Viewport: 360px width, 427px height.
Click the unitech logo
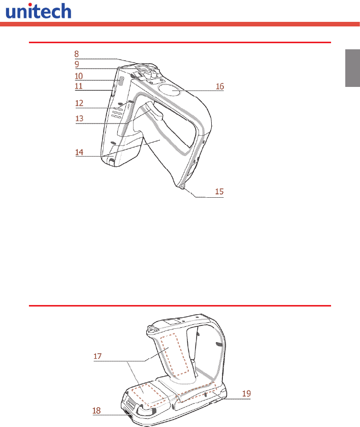click(x=39, y=11)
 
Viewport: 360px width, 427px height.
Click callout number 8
click(x=77, y=54)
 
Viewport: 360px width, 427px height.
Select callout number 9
click(x=77, y=64)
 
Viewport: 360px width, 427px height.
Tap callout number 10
click(x=79, y=76)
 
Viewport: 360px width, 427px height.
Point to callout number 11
click(x=79, y=86)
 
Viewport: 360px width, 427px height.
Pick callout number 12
click(x=79, y=103)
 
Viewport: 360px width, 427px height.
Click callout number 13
click(x=79, y=118)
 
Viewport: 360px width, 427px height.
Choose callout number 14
click(x=79, y=152)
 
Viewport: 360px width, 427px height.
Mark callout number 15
click(x=219, y=192)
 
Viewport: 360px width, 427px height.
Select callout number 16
click(x=220, y=86)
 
